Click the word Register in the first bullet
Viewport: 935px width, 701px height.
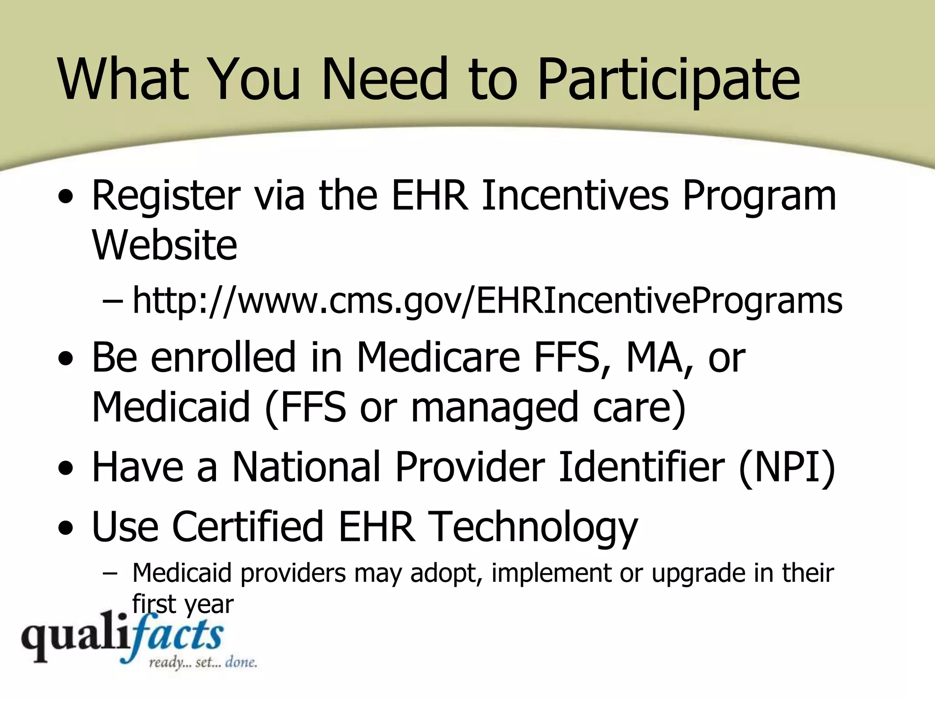166,196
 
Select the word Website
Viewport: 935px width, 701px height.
164,245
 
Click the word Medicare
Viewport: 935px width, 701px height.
438,357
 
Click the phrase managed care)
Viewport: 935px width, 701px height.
548,408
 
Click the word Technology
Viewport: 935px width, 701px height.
534,528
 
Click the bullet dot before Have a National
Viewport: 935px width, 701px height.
66,469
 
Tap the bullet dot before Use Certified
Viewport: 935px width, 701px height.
66,528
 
